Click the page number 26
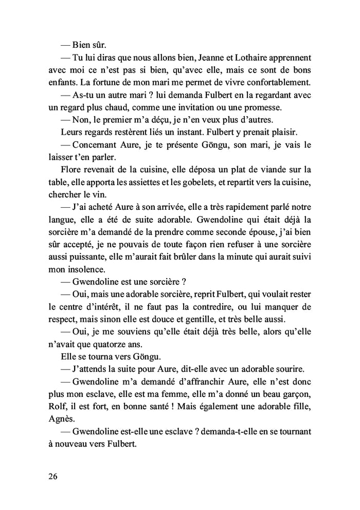51,477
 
